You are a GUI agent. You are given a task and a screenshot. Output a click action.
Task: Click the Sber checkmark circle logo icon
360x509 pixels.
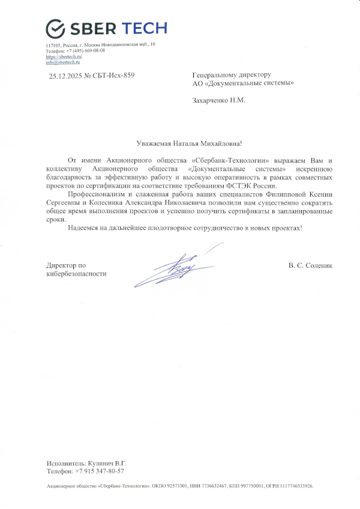point(55,28)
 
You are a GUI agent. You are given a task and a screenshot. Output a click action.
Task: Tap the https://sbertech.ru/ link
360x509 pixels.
point(64,56)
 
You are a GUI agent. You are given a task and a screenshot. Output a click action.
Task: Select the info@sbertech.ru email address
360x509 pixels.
point(63,62)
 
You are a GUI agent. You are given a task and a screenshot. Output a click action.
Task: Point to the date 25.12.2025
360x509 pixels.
point(65,75)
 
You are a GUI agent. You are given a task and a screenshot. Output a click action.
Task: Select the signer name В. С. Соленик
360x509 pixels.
point(310,265)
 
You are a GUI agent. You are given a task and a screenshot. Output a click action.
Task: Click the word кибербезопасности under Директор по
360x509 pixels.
point(76,273)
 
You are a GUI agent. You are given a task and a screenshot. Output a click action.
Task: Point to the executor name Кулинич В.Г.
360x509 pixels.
point(107,463)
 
